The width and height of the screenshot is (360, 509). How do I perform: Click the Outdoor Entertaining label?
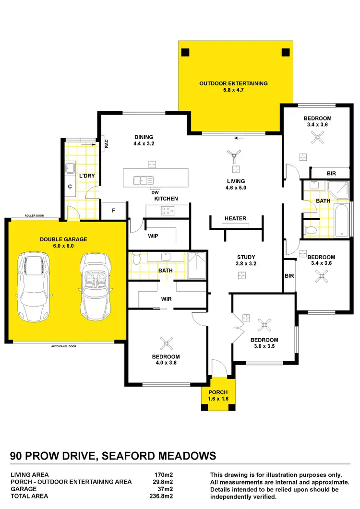pyautogui.click(x=233, y=86)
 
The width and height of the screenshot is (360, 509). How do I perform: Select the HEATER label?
pyautogui.click(x=235, y=219)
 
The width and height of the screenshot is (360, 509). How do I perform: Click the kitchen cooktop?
pyautogui.click(x=168, y=210)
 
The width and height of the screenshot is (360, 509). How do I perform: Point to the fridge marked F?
pyautogui.click(x=114, y=210)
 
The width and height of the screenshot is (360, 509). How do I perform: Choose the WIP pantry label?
pyautogui.click(x=153, y=236)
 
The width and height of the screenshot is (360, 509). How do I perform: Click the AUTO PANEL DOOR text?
pyautogui.click(x=64, y=346)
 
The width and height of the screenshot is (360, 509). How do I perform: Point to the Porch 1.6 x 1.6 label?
pyautogui.click(x=218, y=395)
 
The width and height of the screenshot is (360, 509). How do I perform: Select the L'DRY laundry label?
pyautogui.click(x=87, y=176)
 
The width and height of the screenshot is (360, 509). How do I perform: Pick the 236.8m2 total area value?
pyautogui.click(x=162, y=497)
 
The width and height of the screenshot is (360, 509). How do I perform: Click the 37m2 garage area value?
pyautogui.click(x=165, y=489)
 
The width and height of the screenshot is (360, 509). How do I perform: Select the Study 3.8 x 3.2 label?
pyautogui.click(x=246, y=260)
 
